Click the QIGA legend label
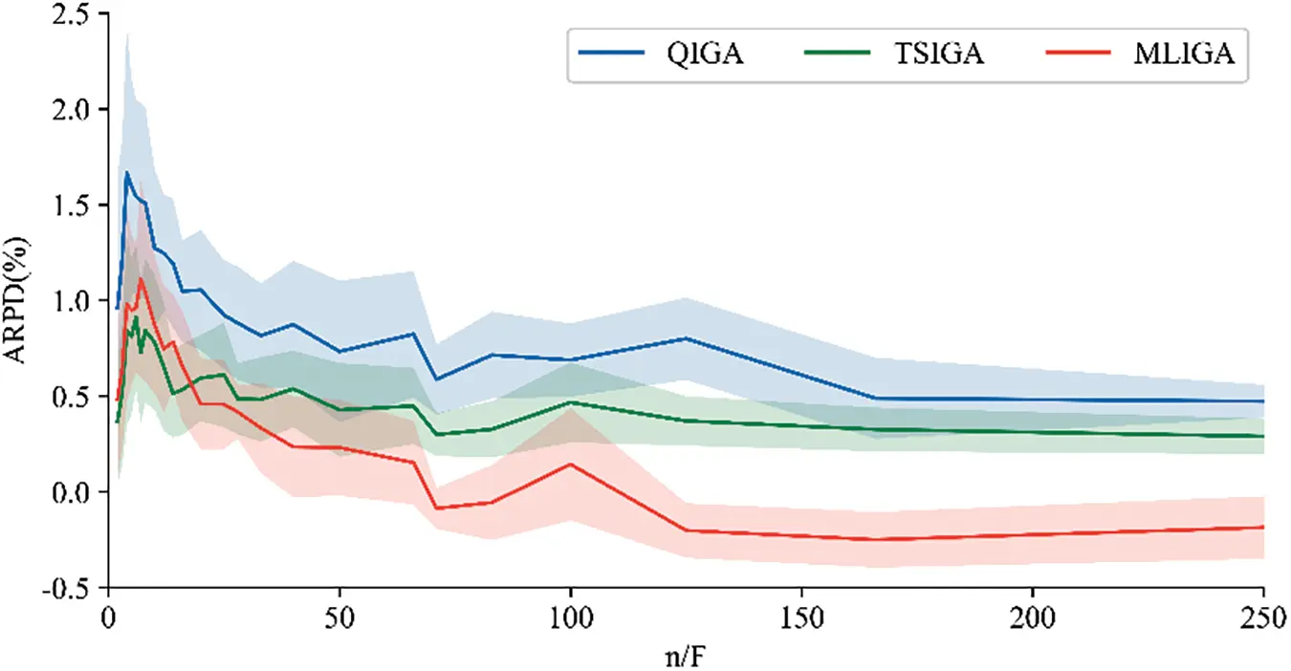click(706, 54)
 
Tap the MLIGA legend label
click(1183, 54)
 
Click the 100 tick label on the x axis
click(571, 614)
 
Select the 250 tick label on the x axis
click(1263, 614)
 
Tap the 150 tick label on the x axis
click(801, 614)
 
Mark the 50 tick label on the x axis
click(339, 614)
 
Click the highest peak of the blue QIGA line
click(126, 173)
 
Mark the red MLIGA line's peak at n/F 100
click(571, 465)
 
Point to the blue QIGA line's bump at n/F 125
click(686, 338)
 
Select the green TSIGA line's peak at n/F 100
click(571, 402)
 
